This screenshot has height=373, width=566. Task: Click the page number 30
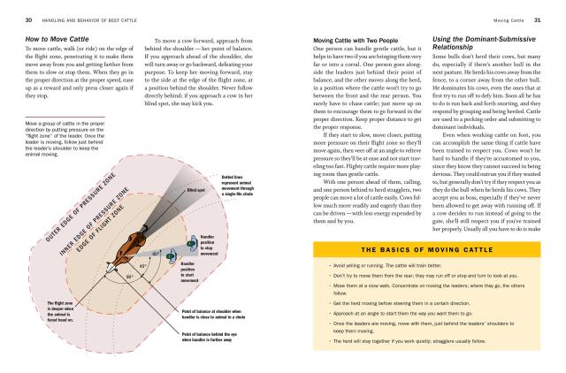(x=29, y=19)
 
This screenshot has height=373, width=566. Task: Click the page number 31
(x=536, y=19)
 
